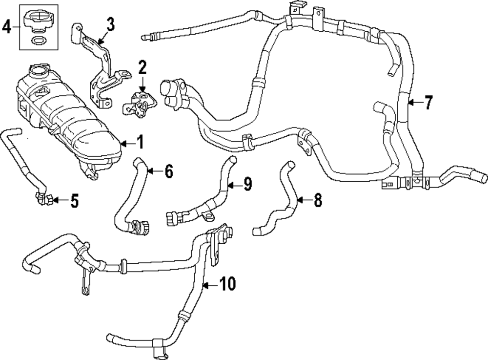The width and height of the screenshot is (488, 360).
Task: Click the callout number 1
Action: [140, 143]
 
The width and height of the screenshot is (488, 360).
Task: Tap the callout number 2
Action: [142, 67]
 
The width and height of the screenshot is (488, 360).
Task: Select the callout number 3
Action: [111, 24]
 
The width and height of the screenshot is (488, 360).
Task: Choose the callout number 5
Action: [74, 201]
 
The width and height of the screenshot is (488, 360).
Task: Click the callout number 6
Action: [168, 171]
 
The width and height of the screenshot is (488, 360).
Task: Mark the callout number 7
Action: [428, 103]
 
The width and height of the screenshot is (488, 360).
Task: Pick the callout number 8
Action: [318, 200]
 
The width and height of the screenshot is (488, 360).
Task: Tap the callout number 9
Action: [247, 184]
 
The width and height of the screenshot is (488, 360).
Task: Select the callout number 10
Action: [227, 283]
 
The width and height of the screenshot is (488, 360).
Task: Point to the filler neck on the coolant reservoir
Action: [38, 73]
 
